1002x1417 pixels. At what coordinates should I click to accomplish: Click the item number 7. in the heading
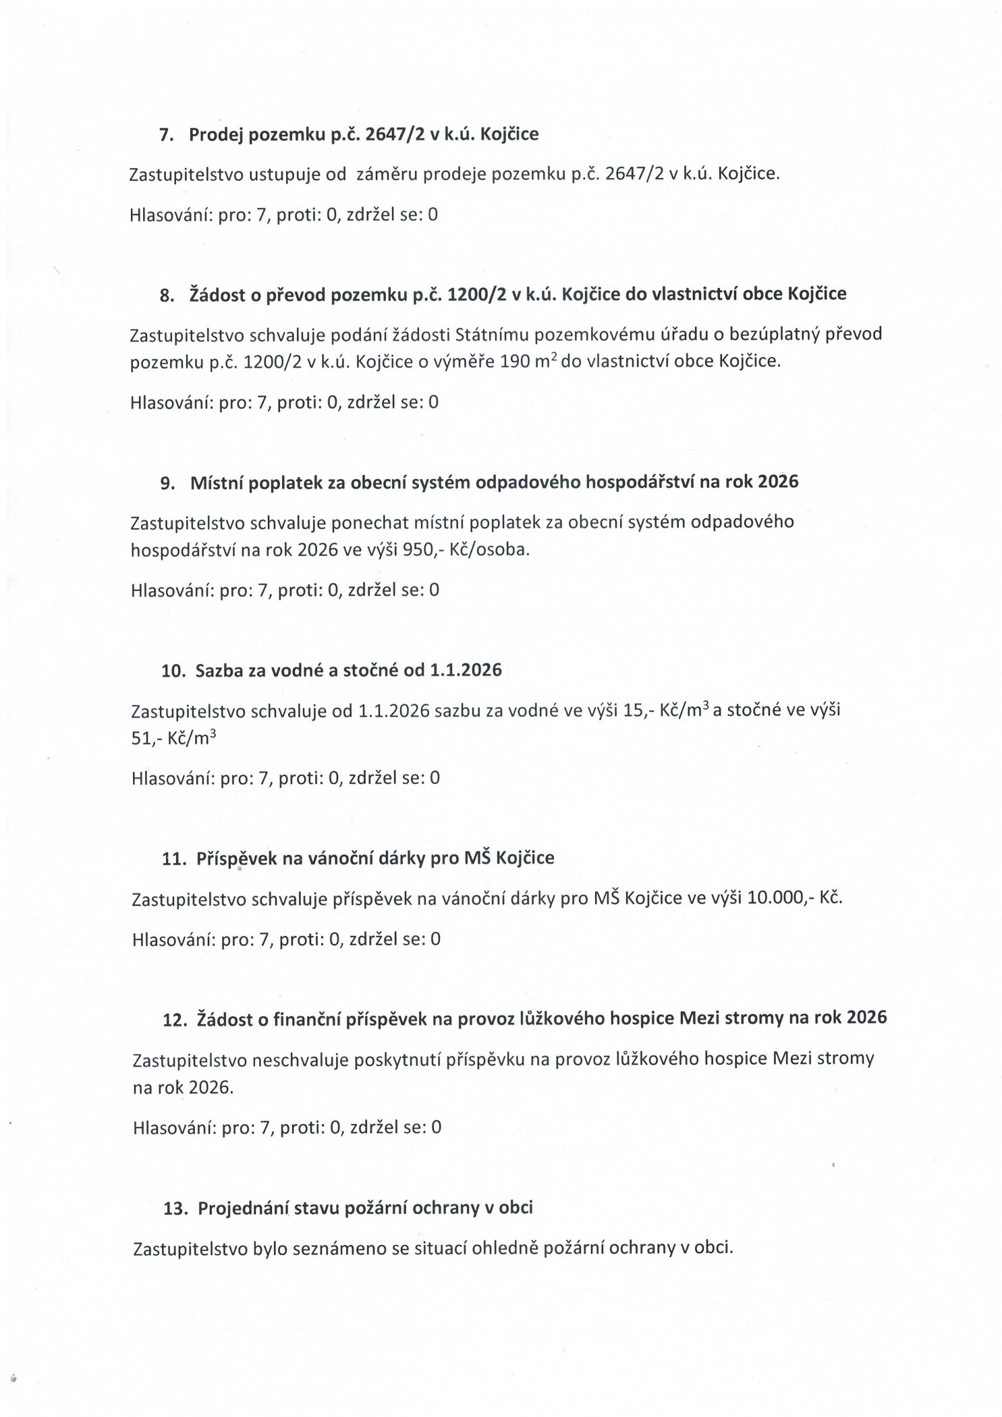coord(166,135)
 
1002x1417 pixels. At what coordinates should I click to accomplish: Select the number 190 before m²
coord(515,362)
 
